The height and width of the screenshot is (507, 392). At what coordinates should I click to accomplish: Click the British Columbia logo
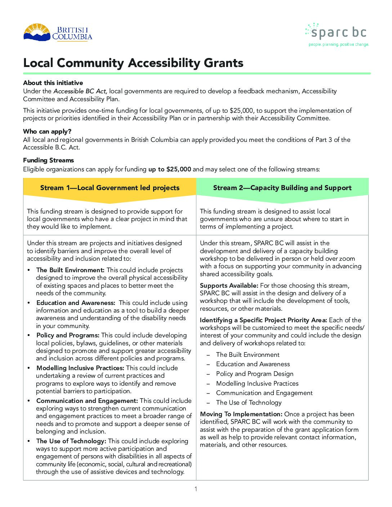(x=58, y=33)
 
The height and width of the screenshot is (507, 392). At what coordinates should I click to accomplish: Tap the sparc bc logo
(x=337, y=35)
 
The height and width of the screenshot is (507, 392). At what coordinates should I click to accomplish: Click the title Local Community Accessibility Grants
(x=133, y=63)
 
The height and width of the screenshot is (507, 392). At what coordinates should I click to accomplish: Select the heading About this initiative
(x=53, y=83)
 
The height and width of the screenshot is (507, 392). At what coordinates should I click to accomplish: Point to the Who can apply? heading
(x=47, y=131)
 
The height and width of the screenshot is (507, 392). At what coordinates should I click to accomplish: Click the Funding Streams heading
(x=48, y=160)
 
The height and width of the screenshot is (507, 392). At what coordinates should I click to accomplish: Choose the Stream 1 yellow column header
(x=110, y=188)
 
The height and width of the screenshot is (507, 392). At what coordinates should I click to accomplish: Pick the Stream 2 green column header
(x=282, y=188)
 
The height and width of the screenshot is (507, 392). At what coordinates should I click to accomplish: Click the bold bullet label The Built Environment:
(x=70, y=270)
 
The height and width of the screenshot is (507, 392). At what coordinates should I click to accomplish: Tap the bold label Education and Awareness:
(x=76, y=303)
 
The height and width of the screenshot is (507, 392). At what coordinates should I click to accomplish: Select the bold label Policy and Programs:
(x=68, y=335)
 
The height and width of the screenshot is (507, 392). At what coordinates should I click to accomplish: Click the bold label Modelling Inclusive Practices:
(x=80, y=368)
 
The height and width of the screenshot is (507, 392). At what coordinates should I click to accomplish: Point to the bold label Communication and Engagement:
(x=87, y=401)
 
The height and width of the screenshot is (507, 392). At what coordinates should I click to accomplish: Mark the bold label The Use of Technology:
(x=71, y=441)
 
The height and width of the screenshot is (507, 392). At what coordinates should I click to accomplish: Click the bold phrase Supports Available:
(x=229, y=286)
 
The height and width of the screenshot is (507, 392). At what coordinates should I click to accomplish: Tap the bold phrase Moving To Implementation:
(x=241, y=414)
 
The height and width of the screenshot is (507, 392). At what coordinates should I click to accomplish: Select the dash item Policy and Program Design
(x=254, y=374)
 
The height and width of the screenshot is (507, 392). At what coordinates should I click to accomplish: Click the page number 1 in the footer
(x=196, y=489)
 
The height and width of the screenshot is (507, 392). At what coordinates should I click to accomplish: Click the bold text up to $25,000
(x=169, y=169)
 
